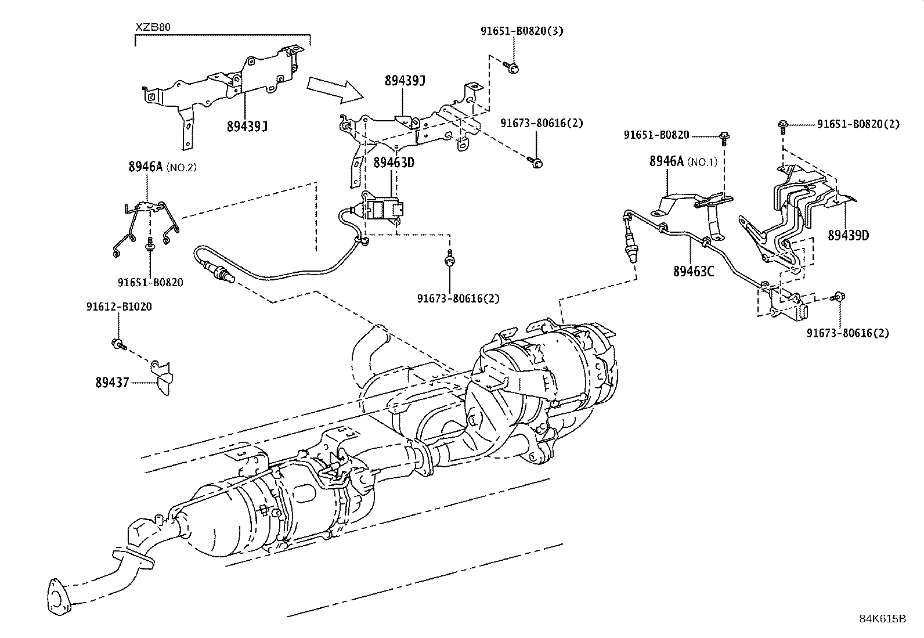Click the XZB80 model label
click(153, 27)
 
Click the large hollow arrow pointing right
click(335, 89)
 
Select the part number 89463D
click(394, 162)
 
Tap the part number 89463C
click(694, 271)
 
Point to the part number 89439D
click(848, 236)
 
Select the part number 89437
click(113, 383)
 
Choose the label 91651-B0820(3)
click(521, 31)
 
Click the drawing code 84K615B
click(882, 618)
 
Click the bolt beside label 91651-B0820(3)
click(512, 69)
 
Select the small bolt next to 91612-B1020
click(118, 344)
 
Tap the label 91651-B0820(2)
click(858, 124)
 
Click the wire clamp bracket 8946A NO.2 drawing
click(145, 224)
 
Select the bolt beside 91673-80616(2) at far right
click(838, 297)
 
